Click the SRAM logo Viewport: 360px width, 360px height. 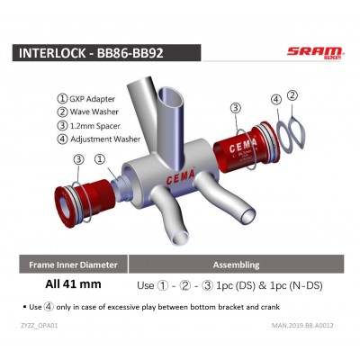tap(315, 51)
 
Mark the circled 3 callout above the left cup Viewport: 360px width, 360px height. tap(78, 159)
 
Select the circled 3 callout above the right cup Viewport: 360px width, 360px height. tap(235, 108)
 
